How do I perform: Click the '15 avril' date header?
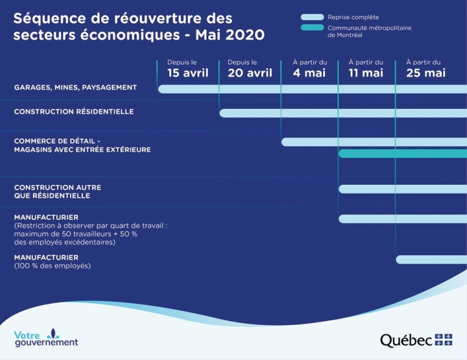187,73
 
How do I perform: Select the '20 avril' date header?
250,73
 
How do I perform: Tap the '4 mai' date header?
309,73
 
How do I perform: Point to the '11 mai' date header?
366,73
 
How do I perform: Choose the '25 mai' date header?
426,73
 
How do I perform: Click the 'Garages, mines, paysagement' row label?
75,87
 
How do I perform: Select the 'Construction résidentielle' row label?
74,112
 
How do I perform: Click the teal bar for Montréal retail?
402,154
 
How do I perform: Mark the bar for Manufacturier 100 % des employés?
431,259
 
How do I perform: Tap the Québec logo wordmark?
405,340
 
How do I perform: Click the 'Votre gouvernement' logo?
45,338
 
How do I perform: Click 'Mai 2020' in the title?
230,34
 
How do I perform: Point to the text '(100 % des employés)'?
53,266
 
